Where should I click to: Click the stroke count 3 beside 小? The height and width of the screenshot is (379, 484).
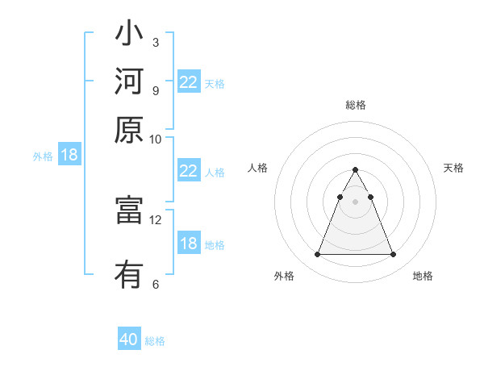tap(156, 42)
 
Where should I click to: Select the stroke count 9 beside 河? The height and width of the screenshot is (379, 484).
tap(156, 90)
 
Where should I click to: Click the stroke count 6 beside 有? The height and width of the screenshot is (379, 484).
tap(156, 284)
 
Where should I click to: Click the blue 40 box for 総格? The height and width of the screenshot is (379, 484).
tap(129, 339)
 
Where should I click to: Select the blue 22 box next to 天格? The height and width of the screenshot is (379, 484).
tap(188, 82)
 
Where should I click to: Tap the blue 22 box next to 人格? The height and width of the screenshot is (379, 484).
tap(188, 171)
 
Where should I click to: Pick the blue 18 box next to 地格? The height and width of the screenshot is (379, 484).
tap(188, 244)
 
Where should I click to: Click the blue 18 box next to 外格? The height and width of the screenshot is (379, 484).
tap(69, 155)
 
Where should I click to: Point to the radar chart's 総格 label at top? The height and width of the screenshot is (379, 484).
tap(356, 105)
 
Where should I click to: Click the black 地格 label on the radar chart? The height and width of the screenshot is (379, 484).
tap(423, 276)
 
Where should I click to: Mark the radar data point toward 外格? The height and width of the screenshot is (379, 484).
tap(317, 255)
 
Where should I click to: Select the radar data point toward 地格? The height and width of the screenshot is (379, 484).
tap(394, 255)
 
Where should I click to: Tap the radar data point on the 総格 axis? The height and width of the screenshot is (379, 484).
tap(355, 170)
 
